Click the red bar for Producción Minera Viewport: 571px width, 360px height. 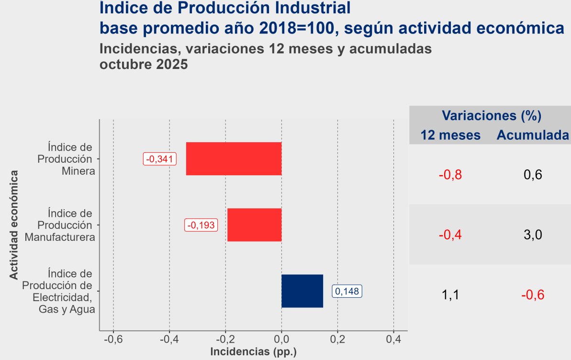click(x=234, y=159)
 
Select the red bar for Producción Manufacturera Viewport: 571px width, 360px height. click(x=254, y=225)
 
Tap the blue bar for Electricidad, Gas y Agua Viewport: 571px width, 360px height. click(x=302, y=291)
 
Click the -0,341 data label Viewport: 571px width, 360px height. click(x=160, y=159)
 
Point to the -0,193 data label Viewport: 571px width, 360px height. click(x=202, y=225)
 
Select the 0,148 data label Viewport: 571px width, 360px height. click(x=347, y=291)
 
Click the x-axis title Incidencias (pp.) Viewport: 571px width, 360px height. click(x=254, y=352)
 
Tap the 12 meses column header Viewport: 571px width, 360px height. click(x=450, y=135)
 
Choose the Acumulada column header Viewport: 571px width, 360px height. click(x=533, y=135)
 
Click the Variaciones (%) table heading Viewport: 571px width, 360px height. click(x=491, y=115)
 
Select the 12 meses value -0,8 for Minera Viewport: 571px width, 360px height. click(x=450, y=175)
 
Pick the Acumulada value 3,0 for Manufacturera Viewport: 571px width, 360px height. click(x=533, y=235)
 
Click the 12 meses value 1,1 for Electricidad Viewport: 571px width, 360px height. click(x=450, y=294)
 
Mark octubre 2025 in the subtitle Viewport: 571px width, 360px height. click(x=143, y=65)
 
